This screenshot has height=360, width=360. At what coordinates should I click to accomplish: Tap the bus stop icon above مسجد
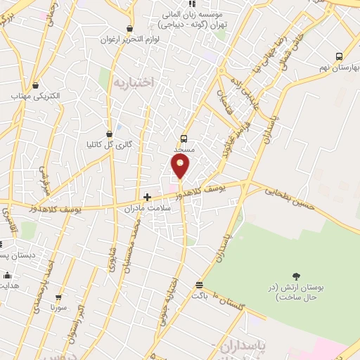coord(184,139)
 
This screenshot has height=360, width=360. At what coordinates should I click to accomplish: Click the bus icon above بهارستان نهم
coord(339,56)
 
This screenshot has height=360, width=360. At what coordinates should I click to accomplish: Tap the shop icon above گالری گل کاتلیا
coord(109,133)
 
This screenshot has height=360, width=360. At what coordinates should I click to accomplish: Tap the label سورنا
coord(58,307)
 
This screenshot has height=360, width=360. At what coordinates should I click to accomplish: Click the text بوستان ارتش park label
coord(295,292)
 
